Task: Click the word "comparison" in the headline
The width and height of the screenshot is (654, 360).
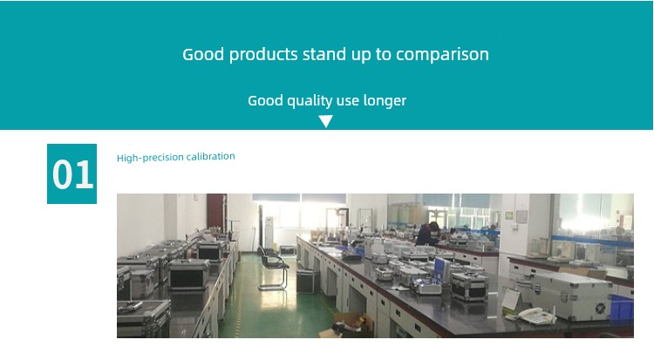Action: (442, 55)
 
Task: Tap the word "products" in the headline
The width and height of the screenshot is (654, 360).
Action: (263, 55)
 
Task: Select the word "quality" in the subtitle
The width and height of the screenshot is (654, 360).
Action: (309, 101)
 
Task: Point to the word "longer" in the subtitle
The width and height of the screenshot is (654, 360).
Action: (385, 100)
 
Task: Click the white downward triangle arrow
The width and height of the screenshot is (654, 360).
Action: (326, 121)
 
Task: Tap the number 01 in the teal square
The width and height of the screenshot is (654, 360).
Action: (72, 175)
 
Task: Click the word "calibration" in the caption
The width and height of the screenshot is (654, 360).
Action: (211, 156)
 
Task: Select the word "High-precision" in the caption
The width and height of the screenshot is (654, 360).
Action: (150, 158)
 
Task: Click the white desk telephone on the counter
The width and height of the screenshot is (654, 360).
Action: (536, 316)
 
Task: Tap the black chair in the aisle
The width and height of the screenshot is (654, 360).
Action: (273, 267)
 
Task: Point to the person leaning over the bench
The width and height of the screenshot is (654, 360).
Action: (427, 234)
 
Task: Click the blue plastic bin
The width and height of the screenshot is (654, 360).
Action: (622, 308)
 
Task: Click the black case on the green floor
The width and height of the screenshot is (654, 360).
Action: (307, 282)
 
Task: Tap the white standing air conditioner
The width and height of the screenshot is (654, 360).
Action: (269, 233)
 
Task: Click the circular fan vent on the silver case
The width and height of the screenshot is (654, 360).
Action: (600, 309)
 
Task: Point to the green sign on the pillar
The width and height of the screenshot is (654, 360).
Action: (509, 215)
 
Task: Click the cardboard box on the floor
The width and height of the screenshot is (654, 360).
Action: (347, 324)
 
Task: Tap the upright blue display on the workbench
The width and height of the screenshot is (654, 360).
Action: (442, 269)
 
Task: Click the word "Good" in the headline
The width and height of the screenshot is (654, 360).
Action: (203, 55)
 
